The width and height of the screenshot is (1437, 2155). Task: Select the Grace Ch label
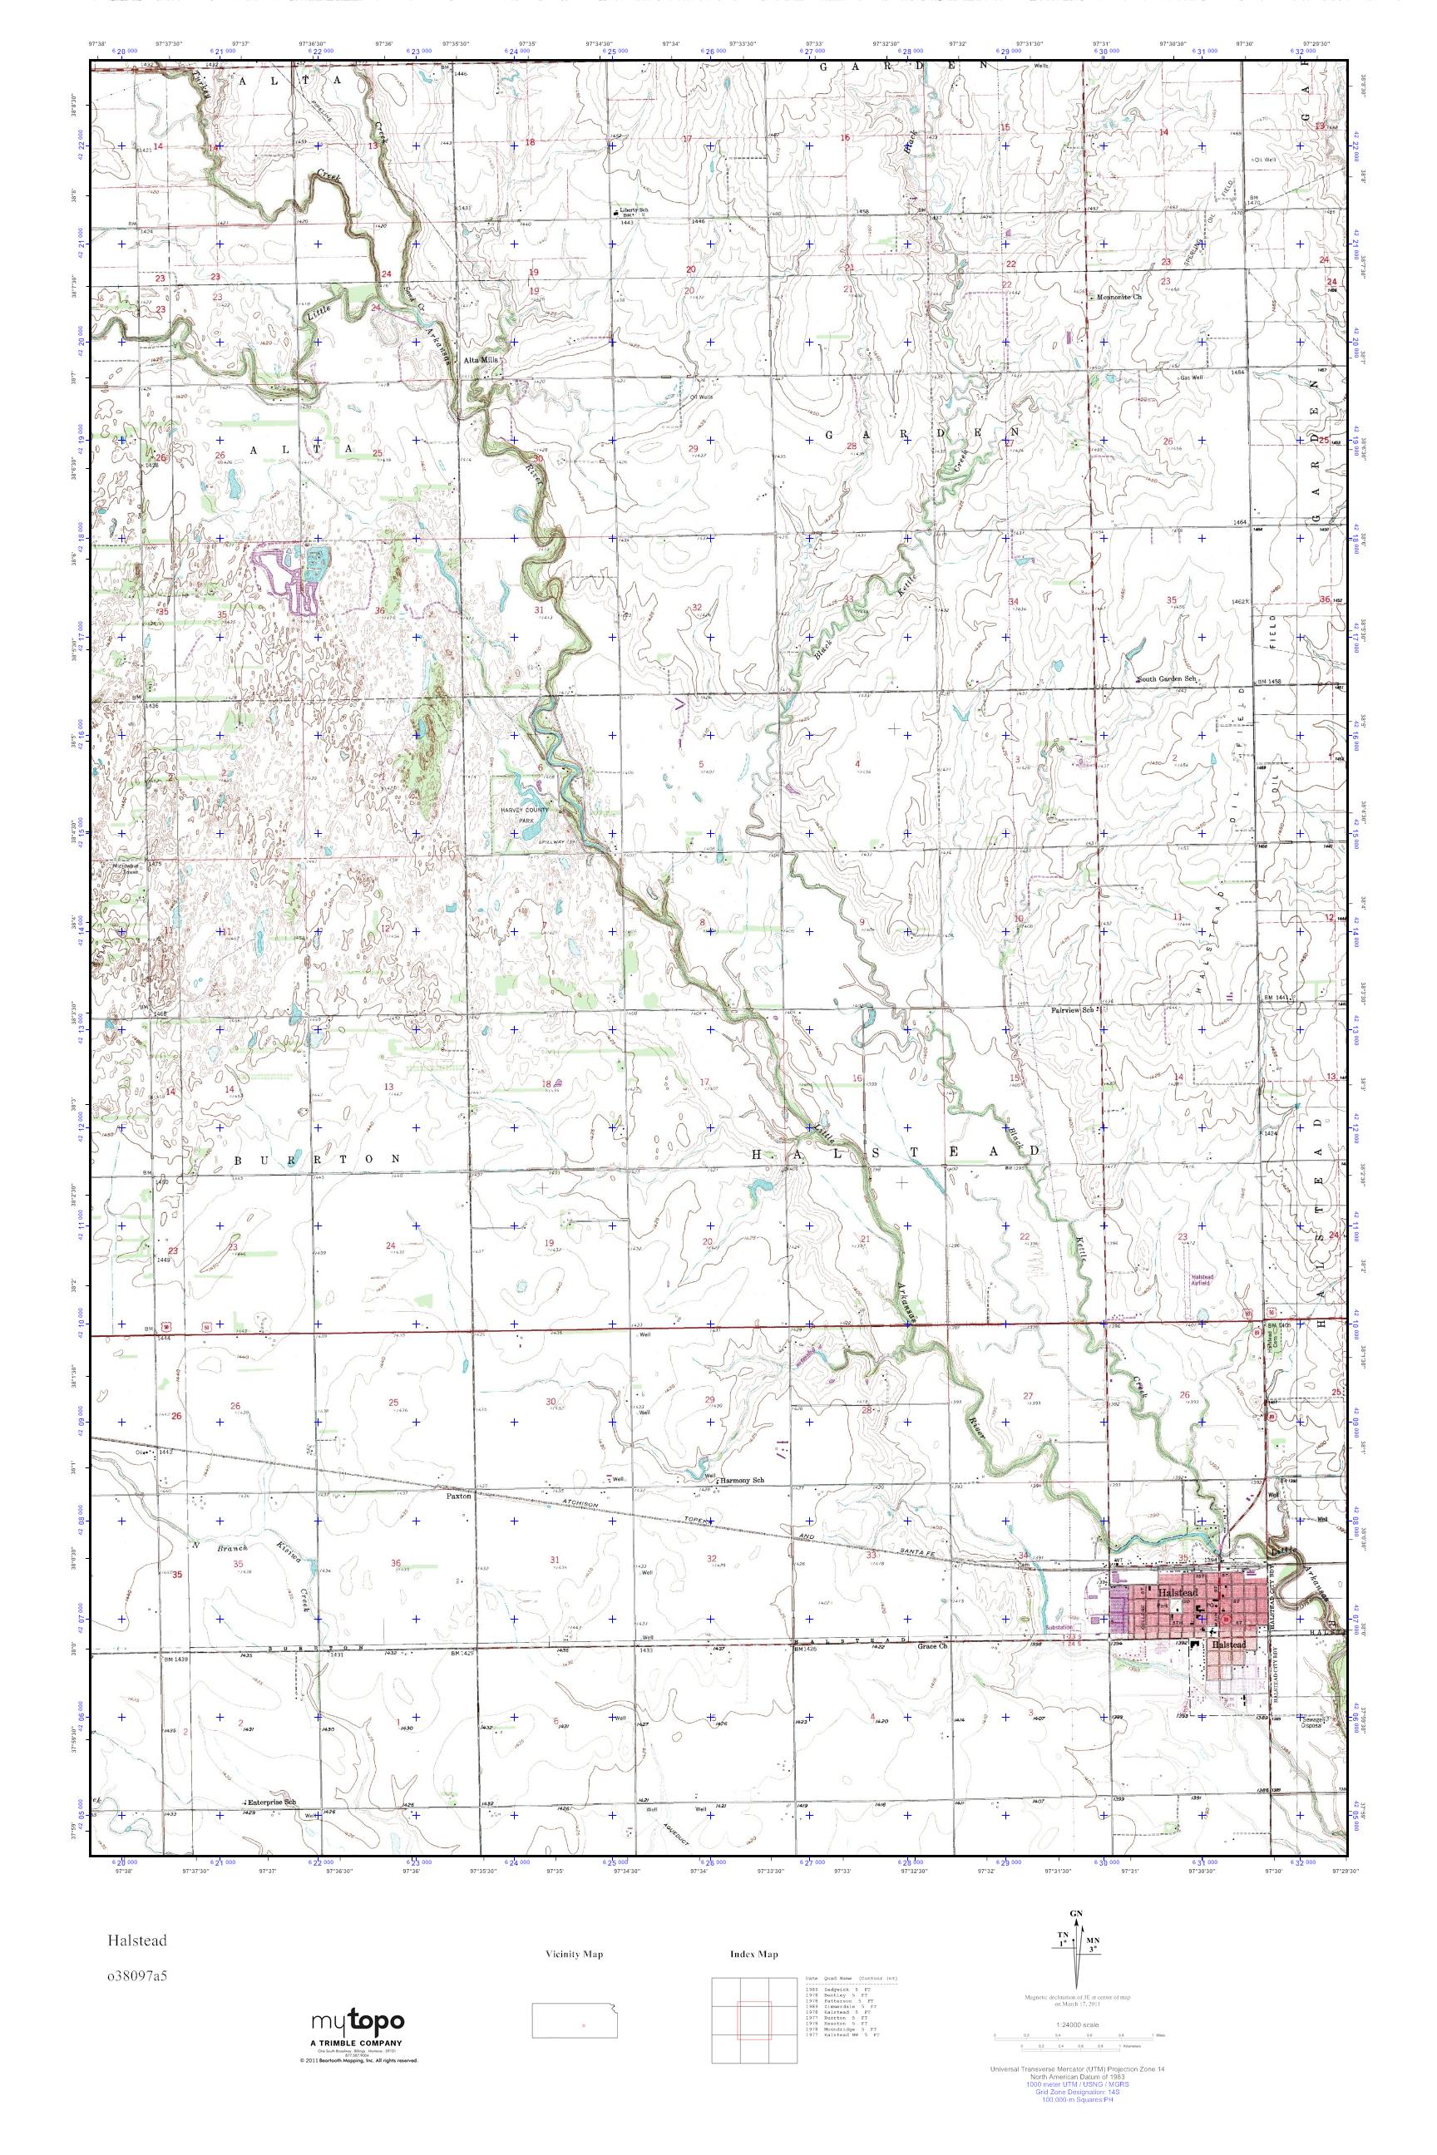pyautogui.click(x=931, y=1645)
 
